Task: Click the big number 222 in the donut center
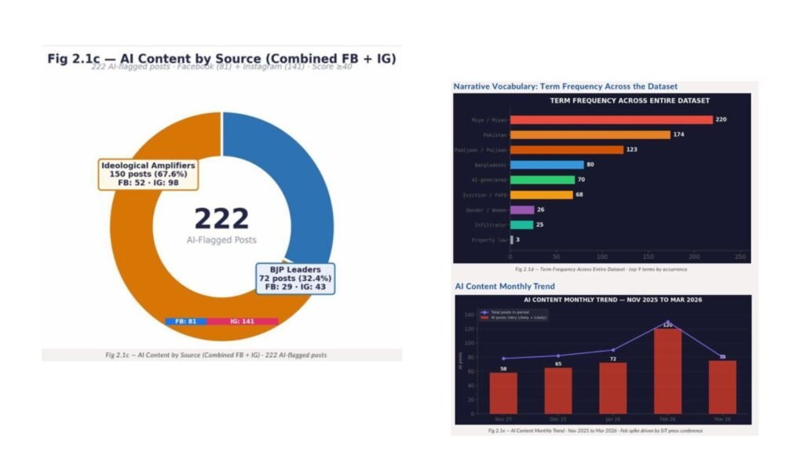click(x=221, y=219)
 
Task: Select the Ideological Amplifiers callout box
click(x=148, y=174)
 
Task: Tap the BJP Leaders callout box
click(x=295, y=279)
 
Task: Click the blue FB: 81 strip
click(x=185, y=321)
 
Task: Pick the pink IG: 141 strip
click(x=242, y=321)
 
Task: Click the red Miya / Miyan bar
click(x=611, y=120)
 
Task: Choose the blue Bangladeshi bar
click(x=546, y=165)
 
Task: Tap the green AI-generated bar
click(x=542, y=180)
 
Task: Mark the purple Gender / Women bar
click(x=522, y=210)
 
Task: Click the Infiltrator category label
click(x=491, y=225)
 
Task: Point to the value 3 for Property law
click(x=517, y=239)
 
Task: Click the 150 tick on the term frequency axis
click(x=648, y=257)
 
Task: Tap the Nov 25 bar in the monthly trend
click(x=503, y=392)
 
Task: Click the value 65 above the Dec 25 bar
click(x=558, y=363)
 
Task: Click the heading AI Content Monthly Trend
click(x=505, y=286)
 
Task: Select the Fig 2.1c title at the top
click(x=221, y=59)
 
